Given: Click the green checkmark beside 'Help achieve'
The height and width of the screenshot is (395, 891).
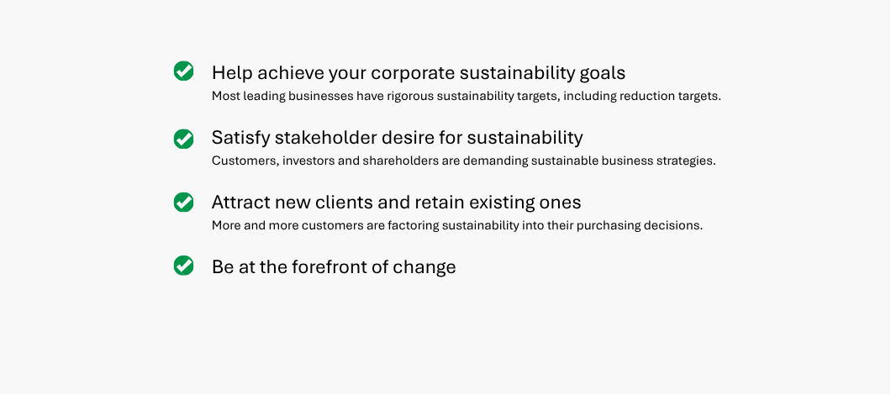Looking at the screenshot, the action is (x=183, y=71).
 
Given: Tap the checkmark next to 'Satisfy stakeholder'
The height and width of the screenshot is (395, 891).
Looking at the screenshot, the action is (x=183, y=139).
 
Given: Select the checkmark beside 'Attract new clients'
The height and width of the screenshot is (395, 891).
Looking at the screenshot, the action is (x=183, y=202).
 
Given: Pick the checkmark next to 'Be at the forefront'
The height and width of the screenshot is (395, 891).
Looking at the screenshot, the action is (x=183, y=266).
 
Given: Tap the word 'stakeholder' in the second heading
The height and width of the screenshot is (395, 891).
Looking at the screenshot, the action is (x=322, y=138).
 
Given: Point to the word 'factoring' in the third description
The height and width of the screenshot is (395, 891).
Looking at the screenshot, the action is (x=413, y=225).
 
